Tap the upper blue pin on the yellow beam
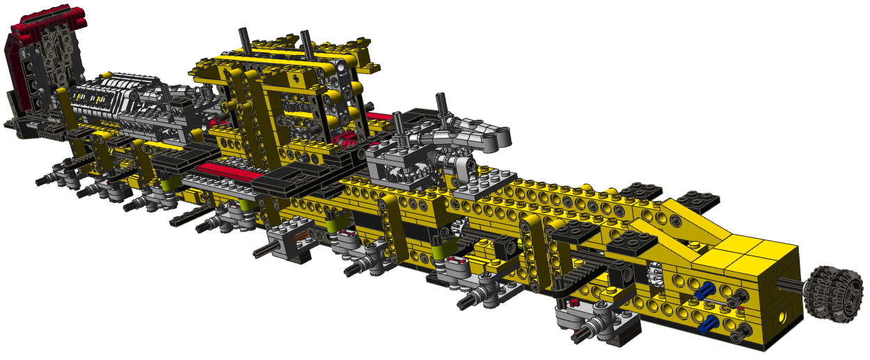pyautogui.click(x=708, y=290)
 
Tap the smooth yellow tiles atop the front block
pyautogui.click(x=752, y=247)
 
